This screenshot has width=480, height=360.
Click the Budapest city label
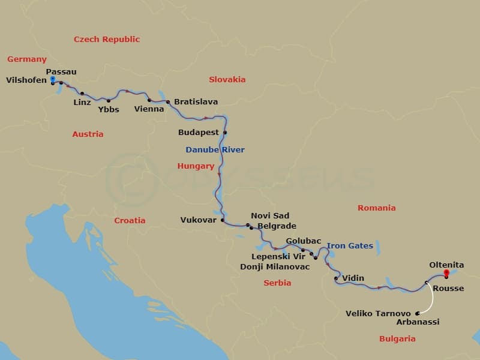[199, 132]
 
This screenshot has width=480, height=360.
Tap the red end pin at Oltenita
[446, 274]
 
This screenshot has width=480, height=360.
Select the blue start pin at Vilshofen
[53, 79]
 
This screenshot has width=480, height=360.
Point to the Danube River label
[215, 149]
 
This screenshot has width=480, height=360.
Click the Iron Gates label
[350, 245]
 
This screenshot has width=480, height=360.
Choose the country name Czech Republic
[107, 40]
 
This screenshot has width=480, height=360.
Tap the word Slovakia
[227, 79]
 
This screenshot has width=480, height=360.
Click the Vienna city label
[149, 109]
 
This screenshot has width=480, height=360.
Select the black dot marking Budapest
[226, 133]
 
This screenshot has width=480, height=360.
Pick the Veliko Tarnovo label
[378, 313]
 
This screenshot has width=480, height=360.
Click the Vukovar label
[198, 220]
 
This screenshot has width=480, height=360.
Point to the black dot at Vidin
[336, 278]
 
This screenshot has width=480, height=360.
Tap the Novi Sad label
[270, 216]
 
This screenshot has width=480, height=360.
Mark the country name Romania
[376, 208]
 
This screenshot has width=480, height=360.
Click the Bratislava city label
[196, 101]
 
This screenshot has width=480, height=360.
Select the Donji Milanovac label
[275, 266]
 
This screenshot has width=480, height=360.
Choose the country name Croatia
[130, 220]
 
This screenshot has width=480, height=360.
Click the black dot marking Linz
[82, 94]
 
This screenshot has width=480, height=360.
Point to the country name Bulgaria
[397, 339]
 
